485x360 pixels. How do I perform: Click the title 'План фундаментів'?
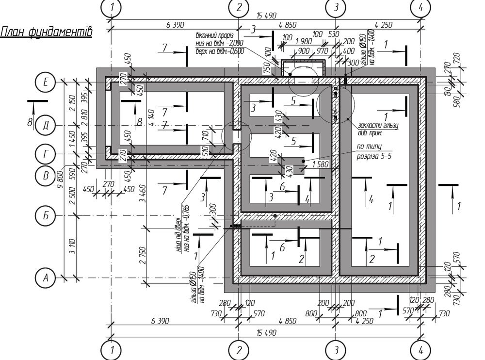(47, 32)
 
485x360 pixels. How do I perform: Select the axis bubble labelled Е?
(46, 82)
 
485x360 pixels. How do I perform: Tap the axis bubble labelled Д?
(46, 125)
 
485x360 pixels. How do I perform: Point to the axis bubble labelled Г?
(46, 154)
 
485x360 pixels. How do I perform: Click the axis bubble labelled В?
(46, 176)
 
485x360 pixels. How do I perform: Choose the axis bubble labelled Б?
(46, 215)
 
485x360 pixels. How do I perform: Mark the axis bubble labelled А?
(46, 278)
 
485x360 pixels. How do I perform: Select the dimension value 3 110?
(72, 246)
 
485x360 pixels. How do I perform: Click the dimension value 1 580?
(320, 164)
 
